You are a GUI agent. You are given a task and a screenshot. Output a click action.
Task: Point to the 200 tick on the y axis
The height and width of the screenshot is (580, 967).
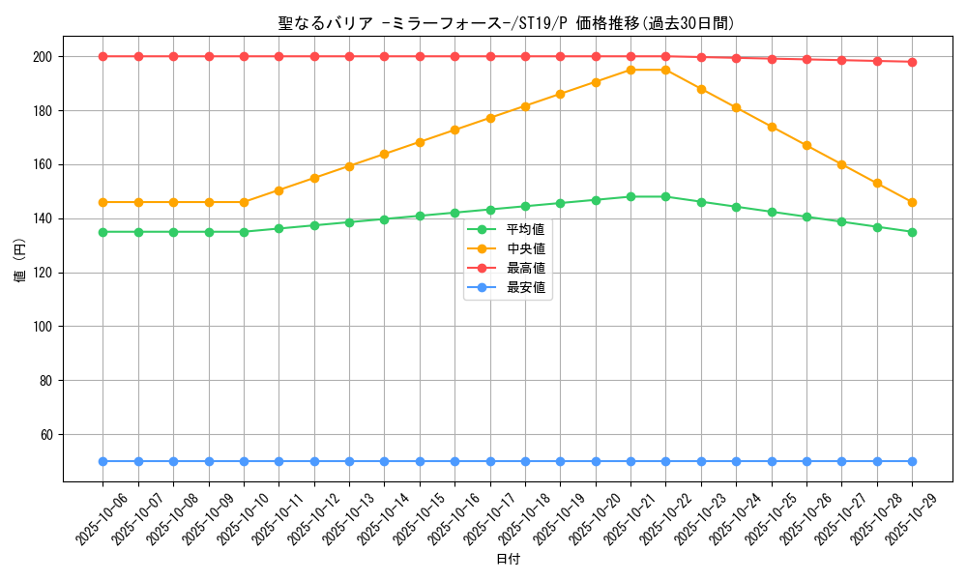tap(43, 57)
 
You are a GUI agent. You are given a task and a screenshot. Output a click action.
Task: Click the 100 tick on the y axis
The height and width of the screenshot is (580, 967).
tap(43, 327)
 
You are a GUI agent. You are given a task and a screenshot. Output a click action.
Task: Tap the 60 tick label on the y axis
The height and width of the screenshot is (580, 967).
tap(45, 435)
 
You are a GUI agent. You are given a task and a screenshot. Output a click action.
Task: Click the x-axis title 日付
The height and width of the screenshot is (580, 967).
tap(508, 560)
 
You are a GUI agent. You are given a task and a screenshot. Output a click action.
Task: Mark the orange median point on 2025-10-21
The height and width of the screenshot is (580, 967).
tap(630, 70)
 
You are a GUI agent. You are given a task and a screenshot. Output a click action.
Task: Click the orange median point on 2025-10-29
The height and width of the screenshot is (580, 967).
tap(912, 202)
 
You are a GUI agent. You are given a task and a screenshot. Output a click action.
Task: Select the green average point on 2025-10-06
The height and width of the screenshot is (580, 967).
tap(103, 232)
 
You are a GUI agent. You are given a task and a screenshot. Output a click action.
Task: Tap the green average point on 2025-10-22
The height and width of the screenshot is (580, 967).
tap(665, 196)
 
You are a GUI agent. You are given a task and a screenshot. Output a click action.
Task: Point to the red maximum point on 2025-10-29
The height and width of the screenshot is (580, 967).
tap(912, 62)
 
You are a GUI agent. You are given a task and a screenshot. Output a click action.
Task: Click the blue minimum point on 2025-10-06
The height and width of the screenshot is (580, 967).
tap(103, 461)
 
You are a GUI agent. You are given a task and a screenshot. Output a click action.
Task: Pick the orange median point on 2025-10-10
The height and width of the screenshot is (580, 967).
tap(244, 202)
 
